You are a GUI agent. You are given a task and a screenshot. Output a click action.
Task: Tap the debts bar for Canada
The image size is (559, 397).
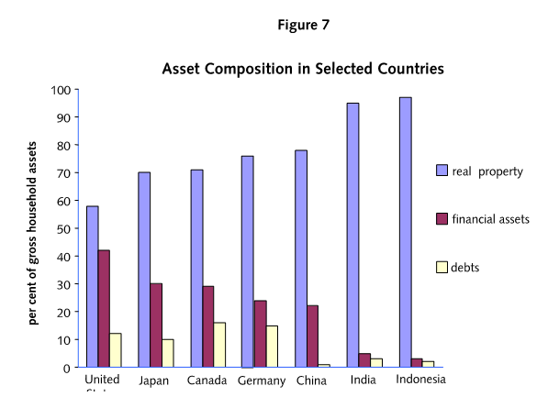219,345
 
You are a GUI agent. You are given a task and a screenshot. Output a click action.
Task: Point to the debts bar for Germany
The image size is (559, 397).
271,346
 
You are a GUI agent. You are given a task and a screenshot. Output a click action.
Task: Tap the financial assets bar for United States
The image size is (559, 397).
105,308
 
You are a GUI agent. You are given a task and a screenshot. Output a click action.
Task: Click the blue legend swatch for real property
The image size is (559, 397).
442,171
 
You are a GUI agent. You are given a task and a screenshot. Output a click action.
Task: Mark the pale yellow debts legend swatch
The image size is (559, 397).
442,267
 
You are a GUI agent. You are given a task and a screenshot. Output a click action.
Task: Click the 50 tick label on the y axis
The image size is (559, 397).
63,228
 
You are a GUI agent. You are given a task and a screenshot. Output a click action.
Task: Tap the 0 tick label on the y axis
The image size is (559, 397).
67,368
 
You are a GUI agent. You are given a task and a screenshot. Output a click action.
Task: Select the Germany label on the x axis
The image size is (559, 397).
261,380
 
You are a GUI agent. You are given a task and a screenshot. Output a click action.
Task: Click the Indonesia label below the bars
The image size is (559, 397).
420,380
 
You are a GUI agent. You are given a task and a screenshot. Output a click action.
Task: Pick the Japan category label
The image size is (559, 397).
154,380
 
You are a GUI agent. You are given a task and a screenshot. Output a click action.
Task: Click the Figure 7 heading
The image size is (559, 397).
303,25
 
